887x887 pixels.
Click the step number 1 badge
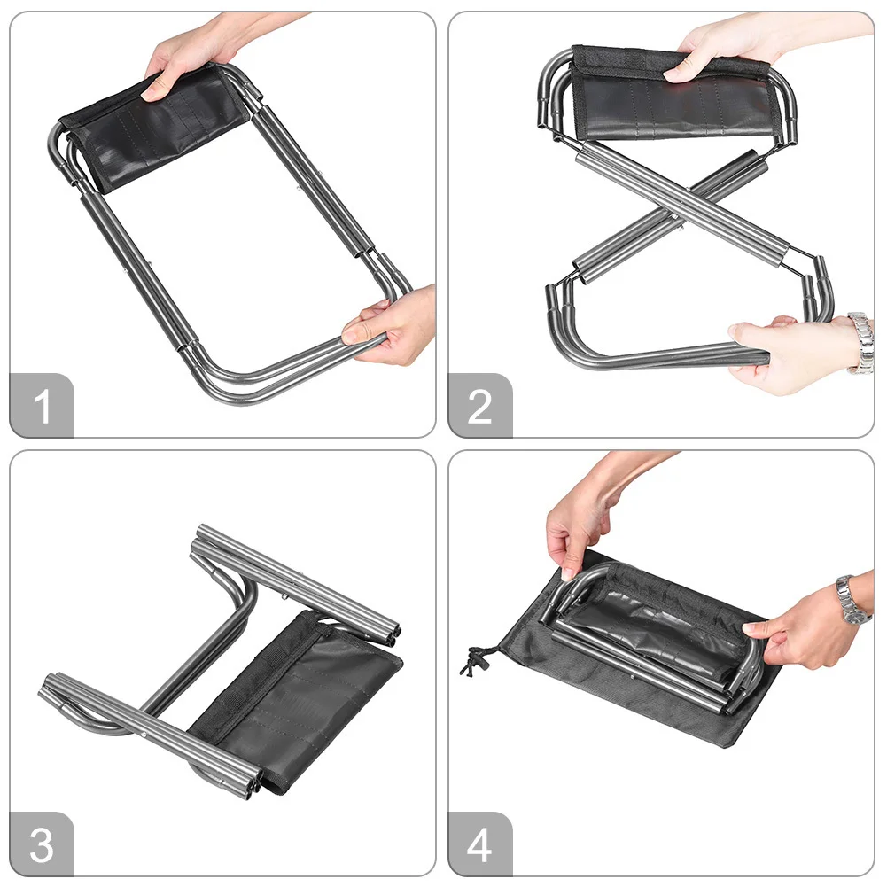point(42,406)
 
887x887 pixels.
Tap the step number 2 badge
point(480,406)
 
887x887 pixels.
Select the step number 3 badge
point(42,844)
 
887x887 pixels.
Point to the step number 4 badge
point(480,844)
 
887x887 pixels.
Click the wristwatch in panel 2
point(861,343)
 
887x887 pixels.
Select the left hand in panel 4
point(583,520)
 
